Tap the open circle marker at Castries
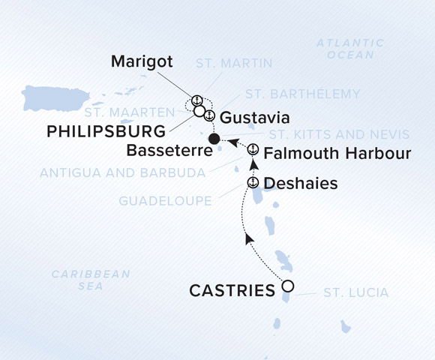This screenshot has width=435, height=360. click(x=287, y=286)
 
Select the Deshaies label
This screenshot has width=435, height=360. click(x=301, y=184)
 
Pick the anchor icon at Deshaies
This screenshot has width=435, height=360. click(x=253, y=183)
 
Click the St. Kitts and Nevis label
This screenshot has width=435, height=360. click(x=339, y=135)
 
